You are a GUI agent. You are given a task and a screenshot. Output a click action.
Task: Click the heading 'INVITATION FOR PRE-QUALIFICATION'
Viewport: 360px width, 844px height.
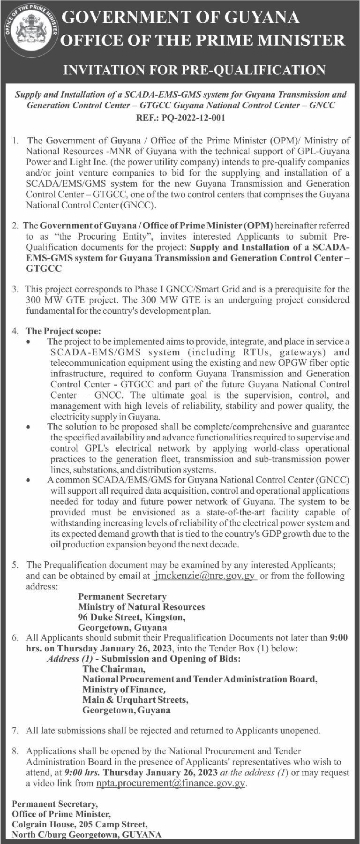(195, 70)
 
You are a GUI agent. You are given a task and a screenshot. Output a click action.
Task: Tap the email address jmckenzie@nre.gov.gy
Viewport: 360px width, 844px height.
(205, 576)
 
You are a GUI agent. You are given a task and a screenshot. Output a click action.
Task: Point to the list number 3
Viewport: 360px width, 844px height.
(16, 289)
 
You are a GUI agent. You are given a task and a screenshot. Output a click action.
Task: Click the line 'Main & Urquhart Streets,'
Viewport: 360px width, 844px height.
(135, 700)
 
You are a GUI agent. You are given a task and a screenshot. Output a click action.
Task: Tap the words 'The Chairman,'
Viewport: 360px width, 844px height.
(114, 669)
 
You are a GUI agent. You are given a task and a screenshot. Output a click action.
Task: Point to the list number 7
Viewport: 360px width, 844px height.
(16, 731)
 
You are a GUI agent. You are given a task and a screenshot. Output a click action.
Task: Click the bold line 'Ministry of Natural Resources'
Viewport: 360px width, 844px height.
(142, 607)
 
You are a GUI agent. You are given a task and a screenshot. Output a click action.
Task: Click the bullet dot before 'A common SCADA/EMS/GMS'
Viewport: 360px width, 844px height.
(30, 481)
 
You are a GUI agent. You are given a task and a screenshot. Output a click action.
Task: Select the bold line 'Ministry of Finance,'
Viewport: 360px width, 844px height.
(124, 689)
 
